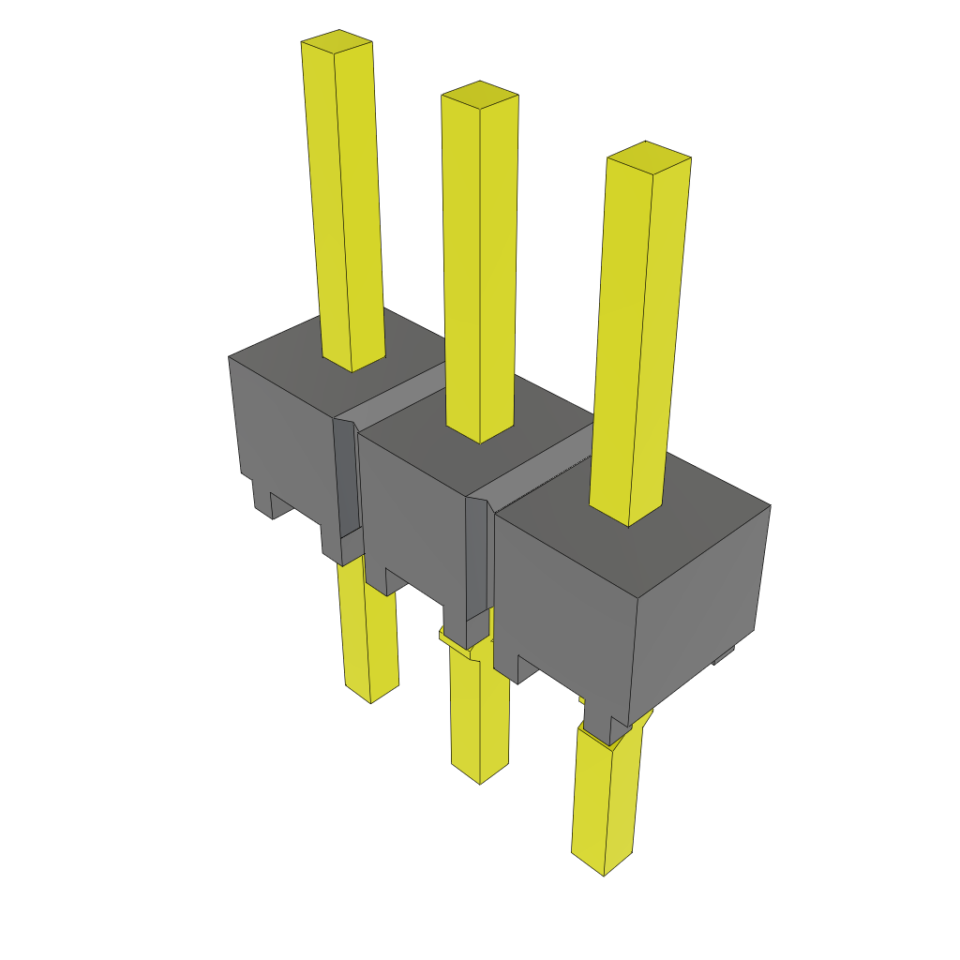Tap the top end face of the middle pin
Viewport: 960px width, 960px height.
click(480, 93)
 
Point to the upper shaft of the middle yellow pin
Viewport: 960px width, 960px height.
click(480, 262)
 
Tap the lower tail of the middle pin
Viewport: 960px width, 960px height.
click(479, 712)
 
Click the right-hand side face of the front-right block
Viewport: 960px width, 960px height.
click(698, 609)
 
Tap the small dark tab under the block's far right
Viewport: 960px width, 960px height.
click(724, 656)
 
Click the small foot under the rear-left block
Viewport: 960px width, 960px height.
click(262, 498)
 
